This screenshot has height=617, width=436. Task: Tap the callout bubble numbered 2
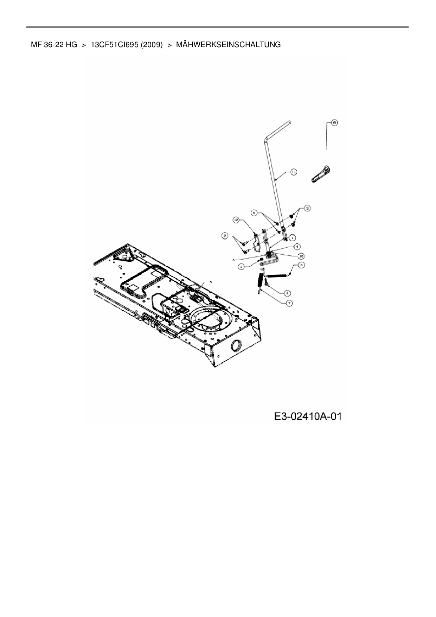(x=224, y=235)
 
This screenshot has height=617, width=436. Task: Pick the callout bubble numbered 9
(x=288, y=292)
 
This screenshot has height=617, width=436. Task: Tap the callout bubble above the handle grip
(x=334, y=122)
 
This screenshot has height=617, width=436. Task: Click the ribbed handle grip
(x=321, y=175)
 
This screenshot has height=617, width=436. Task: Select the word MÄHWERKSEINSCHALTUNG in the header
(x=228, y=45)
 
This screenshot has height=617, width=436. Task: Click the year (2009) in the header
(x=152, y=45)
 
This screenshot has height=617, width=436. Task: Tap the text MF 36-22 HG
(x=54, y=45)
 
